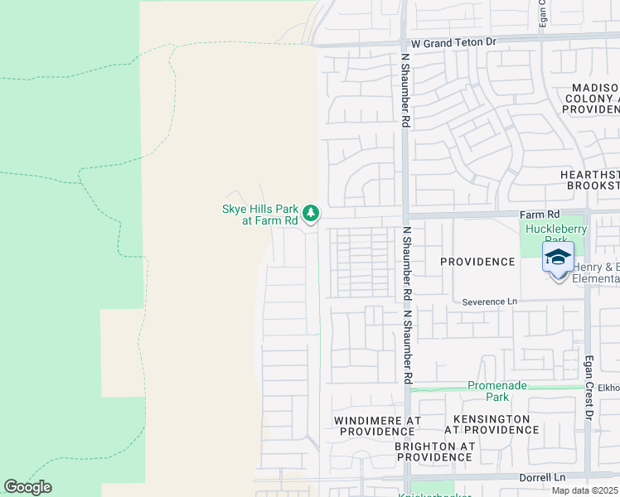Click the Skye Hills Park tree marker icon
[311, 214]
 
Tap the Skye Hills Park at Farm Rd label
[259, 215]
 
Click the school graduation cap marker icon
[558, 258]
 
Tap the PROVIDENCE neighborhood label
[477, 262]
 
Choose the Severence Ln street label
[489, 302]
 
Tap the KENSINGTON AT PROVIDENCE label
[491, 424]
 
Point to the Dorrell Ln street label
[542, 478]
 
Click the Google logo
[27, 487]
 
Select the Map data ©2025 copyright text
[585, 490]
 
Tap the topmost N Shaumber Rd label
[405, 91]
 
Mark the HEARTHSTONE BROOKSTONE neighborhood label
[590, 181]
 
